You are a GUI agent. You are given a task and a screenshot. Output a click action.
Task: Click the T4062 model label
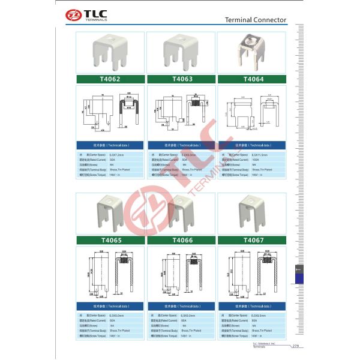tap(110, 79)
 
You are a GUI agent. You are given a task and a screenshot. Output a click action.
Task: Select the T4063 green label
tap(181, 79)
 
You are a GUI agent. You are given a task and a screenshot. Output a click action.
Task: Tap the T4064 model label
tap(252, 79)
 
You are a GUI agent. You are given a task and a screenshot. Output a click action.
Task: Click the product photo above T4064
tap(252, 53)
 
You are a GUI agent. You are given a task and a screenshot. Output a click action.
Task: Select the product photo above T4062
tap(110, 53)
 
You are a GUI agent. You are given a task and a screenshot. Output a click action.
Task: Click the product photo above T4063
tap(181, 53)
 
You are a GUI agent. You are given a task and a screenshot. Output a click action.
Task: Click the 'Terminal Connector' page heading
tap(256, 20)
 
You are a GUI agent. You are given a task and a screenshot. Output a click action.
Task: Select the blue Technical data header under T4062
tap(110, 145)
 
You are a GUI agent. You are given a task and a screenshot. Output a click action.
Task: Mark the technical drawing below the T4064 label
tap(252, 113)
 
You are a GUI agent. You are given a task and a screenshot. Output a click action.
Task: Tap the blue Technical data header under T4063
tap(181, 145)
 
